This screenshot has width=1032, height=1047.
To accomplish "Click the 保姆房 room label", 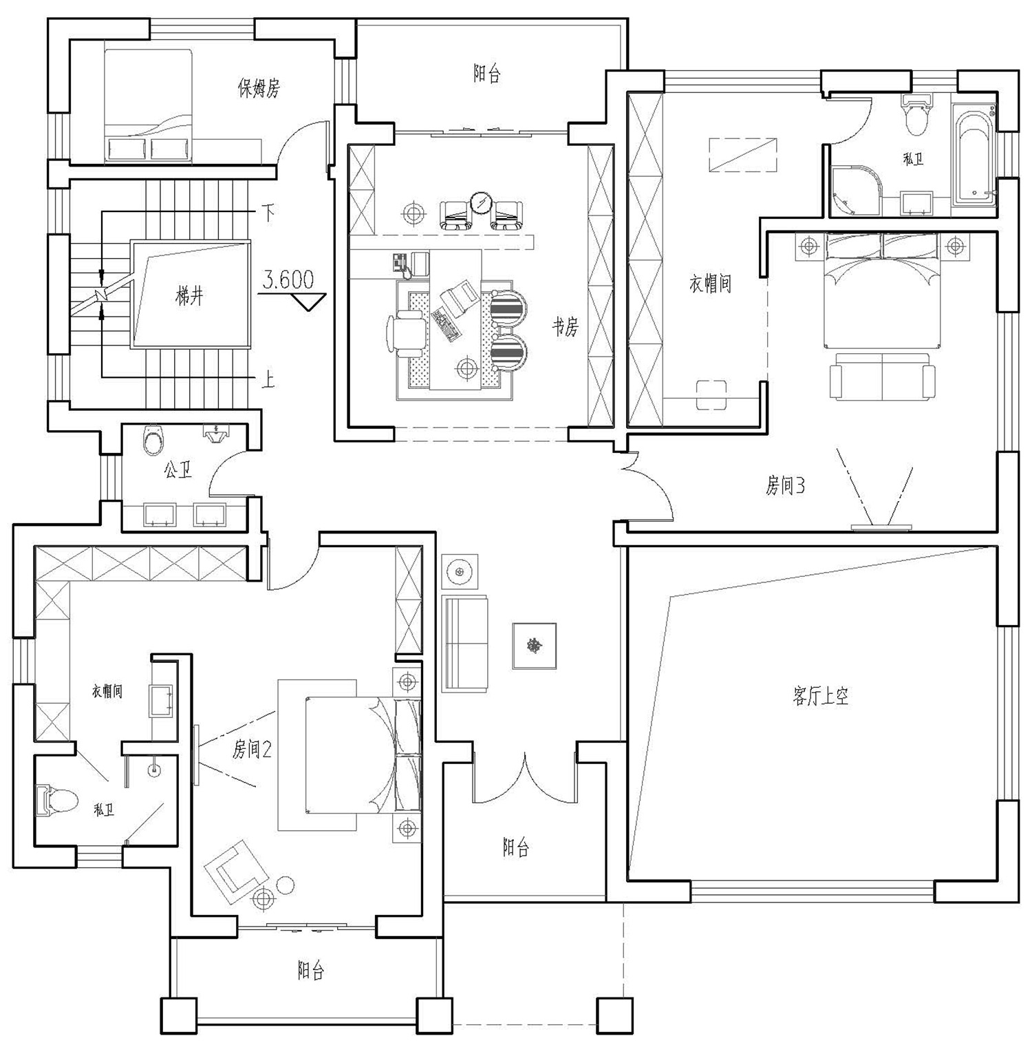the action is pyautogui.click(x=259, y=88).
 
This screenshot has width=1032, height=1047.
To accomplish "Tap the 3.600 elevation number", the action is pyautogui.click(x=289, y=279).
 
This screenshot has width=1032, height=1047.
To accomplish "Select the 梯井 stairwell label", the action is pyautogui.click(x=189, y=297).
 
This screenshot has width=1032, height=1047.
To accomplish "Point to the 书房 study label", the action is pyautogui.click(x=566, y=328).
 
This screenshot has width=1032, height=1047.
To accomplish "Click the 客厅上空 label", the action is pyautogui.click(x=821, y=696).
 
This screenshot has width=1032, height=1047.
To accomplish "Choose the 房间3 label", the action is pyautogui.click(x=786, y=486).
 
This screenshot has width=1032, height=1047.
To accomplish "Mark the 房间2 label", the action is pyautogui.click(x=252, y=749).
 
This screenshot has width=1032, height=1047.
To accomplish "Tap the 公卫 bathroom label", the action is pyautogui.click(x=178, y=471).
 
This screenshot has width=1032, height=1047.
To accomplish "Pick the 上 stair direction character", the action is pyautogui.click(x=268, y=379).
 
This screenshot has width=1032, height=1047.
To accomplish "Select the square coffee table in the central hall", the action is pyautogui.click(x=534, y=646).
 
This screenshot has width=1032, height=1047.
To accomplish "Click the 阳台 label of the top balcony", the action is pyautogui.click(x=486, y=74).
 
